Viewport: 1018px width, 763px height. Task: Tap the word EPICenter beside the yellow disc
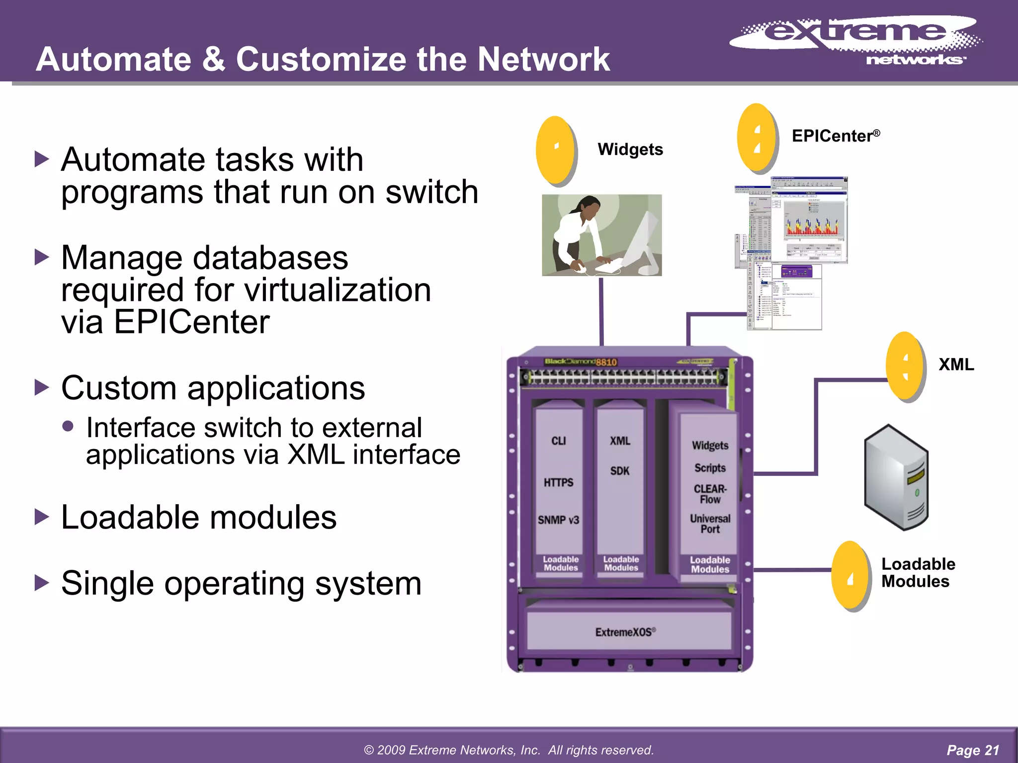point(833,136)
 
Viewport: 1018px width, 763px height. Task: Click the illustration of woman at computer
point(601,235)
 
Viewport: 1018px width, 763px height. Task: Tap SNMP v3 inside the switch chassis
point(558,520)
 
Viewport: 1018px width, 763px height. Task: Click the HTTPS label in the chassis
point(558,482)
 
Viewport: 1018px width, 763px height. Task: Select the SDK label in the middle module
point(620,471)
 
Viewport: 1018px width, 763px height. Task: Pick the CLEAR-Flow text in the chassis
point(710,494)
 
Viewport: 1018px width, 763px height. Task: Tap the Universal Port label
point(710,524)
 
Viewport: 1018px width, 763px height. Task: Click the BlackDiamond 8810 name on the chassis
point(581,362)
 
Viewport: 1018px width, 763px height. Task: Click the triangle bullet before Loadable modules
point(42,517)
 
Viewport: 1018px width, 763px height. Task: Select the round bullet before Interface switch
point(68,426)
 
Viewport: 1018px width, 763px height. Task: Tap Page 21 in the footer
point(972,750)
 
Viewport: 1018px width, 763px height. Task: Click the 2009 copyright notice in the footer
point(509,750)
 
